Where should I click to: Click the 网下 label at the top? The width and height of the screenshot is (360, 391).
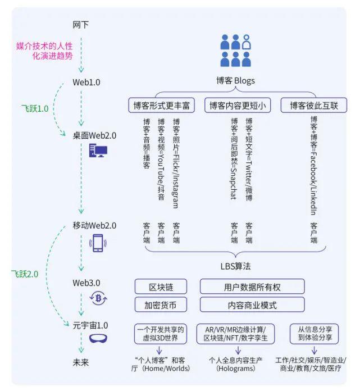point(81,25)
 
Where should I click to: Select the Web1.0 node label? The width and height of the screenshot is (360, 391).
point(86,82)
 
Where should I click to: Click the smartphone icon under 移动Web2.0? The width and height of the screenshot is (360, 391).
point(98,243)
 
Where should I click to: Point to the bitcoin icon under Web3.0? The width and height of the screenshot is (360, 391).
point(98,298)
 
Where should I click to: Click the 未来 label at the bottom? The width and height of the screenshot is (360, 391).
point(81,362)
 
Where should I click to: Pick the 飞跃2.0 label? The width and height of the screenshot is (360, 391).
point(25,274)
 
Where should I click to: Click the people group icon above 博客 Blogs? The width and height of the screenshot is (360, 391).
point(235,50)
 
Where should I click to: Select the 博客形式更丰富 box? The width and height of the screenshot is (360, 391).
point(161,105)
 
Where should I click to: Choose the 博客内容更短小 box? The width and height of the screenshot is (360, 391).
point(238,105)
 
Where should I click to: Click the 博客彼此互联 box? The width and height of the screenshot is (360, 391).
point(314,105)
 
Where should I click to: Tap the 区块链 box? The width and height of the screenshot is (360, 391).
point(161,287)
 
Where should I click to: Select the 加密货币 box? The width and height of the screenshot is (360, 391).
point(161,305)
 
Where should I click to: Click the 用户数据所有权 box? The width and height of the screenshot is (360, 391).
point(252,287)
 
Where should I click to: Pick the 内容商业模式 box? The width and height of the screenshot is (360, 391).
point(252,305)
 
